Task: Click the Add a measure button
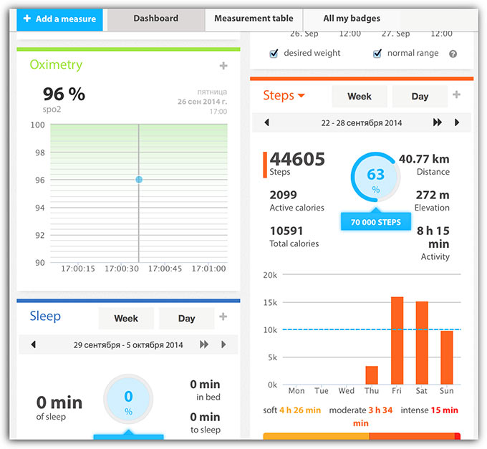pyautogui.click(x=59, y=19)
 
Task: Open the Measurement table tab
pyautogui.click(x=254, y=19)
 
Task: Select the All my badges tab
pyautogui.click(x=352, y=19)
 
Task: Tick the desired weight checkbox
pyautogui.click(x=274, y=54)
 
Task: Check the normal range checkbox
pyautogui.click(x=377, y=54)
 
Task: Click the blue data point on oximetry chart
pyautogui.click(x=139, y=180)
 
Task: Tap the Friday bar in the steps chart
pyautogui.click(x=397, y=341)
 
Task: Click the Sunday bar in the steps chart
pyautogui.click(x=446, y=357)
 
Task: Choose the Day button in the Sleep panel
pyautogui.click(x=186, y=318)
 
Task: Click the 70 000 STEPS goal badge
pyautogui.click(x=375, y=222)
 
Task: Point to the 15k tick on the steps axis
pyautogui.click(x=270, y=302)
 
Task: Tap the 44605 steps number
pyautogui.click(x=297, y=158)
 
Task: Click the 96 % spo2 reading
pyautogui.click(x=64, y=94)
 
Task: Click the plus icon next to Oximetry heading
pyautogui.click(x=223, y=66)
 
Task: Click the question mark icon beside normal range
pyautogui.click(x=453, y=54)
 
